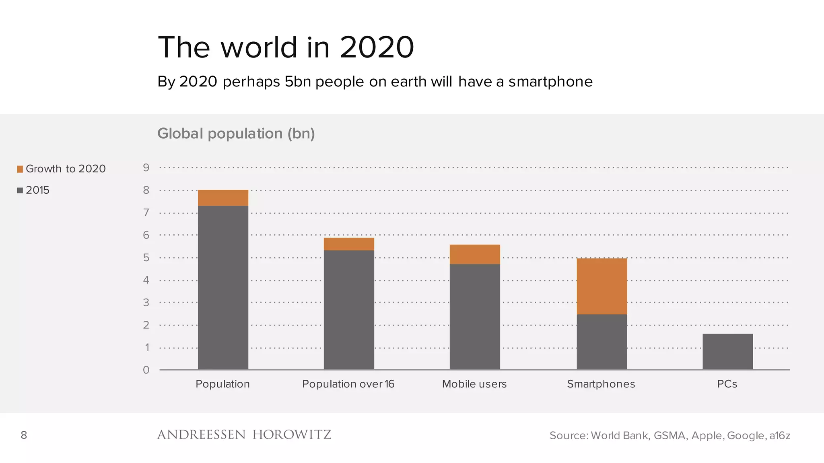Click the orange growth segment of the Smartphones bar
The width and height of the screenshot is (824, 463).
pos(602,286)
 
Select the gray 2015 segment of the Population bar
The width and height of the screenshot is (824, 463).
pos(223,287)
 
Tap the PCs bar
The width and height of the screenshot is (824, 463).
pos(727,351)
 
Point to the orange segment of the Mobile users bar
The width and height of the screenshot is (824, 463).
pos(475,254)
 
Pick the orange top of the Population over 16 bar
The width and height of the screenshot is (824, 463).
pos(349,244)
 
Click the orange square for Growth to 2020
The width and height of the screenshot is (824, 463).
pos(20,169)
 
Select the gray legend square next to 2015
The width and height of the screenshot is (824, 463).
pos(20,191)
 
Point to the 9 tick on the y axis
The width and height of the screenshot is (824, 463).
pos(146,168)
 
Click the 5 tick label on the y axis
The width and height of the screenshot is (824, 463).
pos(146,258)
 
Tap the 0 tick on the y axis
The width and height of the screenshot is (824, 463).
pos(146,370)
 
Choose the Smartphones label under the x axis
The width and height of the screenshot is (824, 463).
pos(601,384)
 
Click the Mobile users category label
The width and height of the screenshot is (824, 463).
pos(474,384)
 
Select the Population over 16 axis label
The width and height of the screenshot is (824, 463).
pos(348,384)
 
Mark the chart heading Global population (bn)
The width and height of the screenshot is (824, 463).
pos(236,133)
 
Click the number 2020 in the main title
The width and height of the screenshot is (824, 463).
pos(377,47)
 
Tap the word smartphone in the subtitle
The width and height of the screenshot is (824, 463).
pos(550,82)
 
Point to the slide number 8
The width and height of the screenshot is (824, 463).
pos(24,435)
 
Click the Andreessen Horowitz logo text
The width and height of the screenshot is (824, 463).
pos(244,435)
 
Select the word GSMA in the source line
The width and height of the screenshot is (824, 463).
pos(670,436)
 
